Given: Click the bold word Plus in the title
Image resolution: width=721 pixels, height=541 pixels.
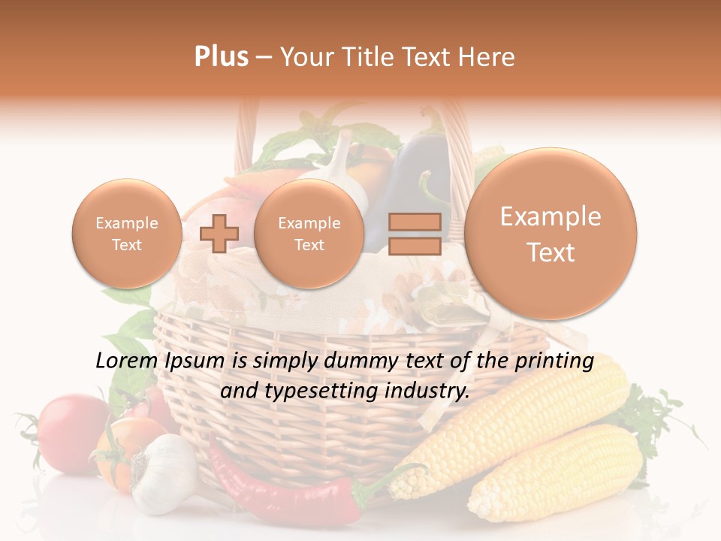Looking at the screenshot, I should pos(221,57).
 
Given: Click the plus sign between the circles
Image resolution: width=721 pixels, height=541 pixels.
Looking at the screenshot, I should pos(219,234).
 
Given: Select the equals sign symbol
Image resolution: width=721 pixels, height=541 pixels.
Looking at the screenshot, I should pos(415,234).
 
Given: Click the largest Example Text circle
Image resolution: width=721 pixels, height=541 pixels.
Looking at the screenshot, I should pos(551,234).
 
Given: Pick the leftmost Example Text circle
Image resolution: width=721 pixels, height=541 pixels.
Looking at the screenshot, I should pos(127,234).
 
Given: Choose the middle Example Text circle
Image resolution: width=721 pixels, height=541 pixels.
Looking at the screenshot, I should pos(309,234).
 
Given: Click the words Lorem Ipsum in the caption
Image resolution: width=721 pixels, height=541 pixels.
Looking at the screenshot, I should pos(161,361).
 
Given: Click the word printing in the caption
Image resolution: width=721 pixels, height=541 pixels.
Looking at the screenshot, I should pos(556,361).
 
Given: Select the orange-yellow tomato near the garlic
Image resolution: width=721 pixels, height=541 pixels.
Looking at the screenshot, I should pos(120,451).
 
